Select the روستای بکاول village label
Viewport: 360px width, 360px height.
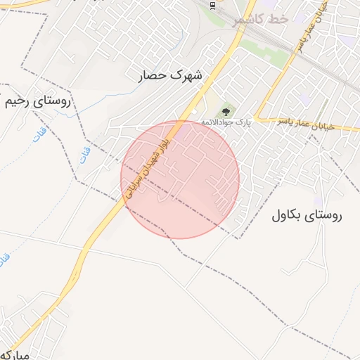(306, 217)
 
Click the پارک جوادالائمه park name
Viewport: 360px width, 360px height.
(226, 123)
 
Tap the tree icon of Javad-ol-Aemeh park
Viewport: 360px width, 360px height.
(226, 111)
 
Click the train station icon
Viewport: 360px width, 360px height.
(212, 6)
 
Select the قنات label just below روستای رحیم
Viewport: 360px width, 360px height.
(40, 131)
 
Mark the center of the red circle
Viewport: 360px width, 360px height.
(180, 179)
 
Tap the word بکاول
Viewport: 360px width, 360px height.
(288, 217)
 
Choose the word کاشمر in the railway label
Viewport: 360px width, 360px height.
(250, 20)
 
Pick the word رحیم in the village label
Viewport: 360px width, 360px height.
(18, 101)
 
